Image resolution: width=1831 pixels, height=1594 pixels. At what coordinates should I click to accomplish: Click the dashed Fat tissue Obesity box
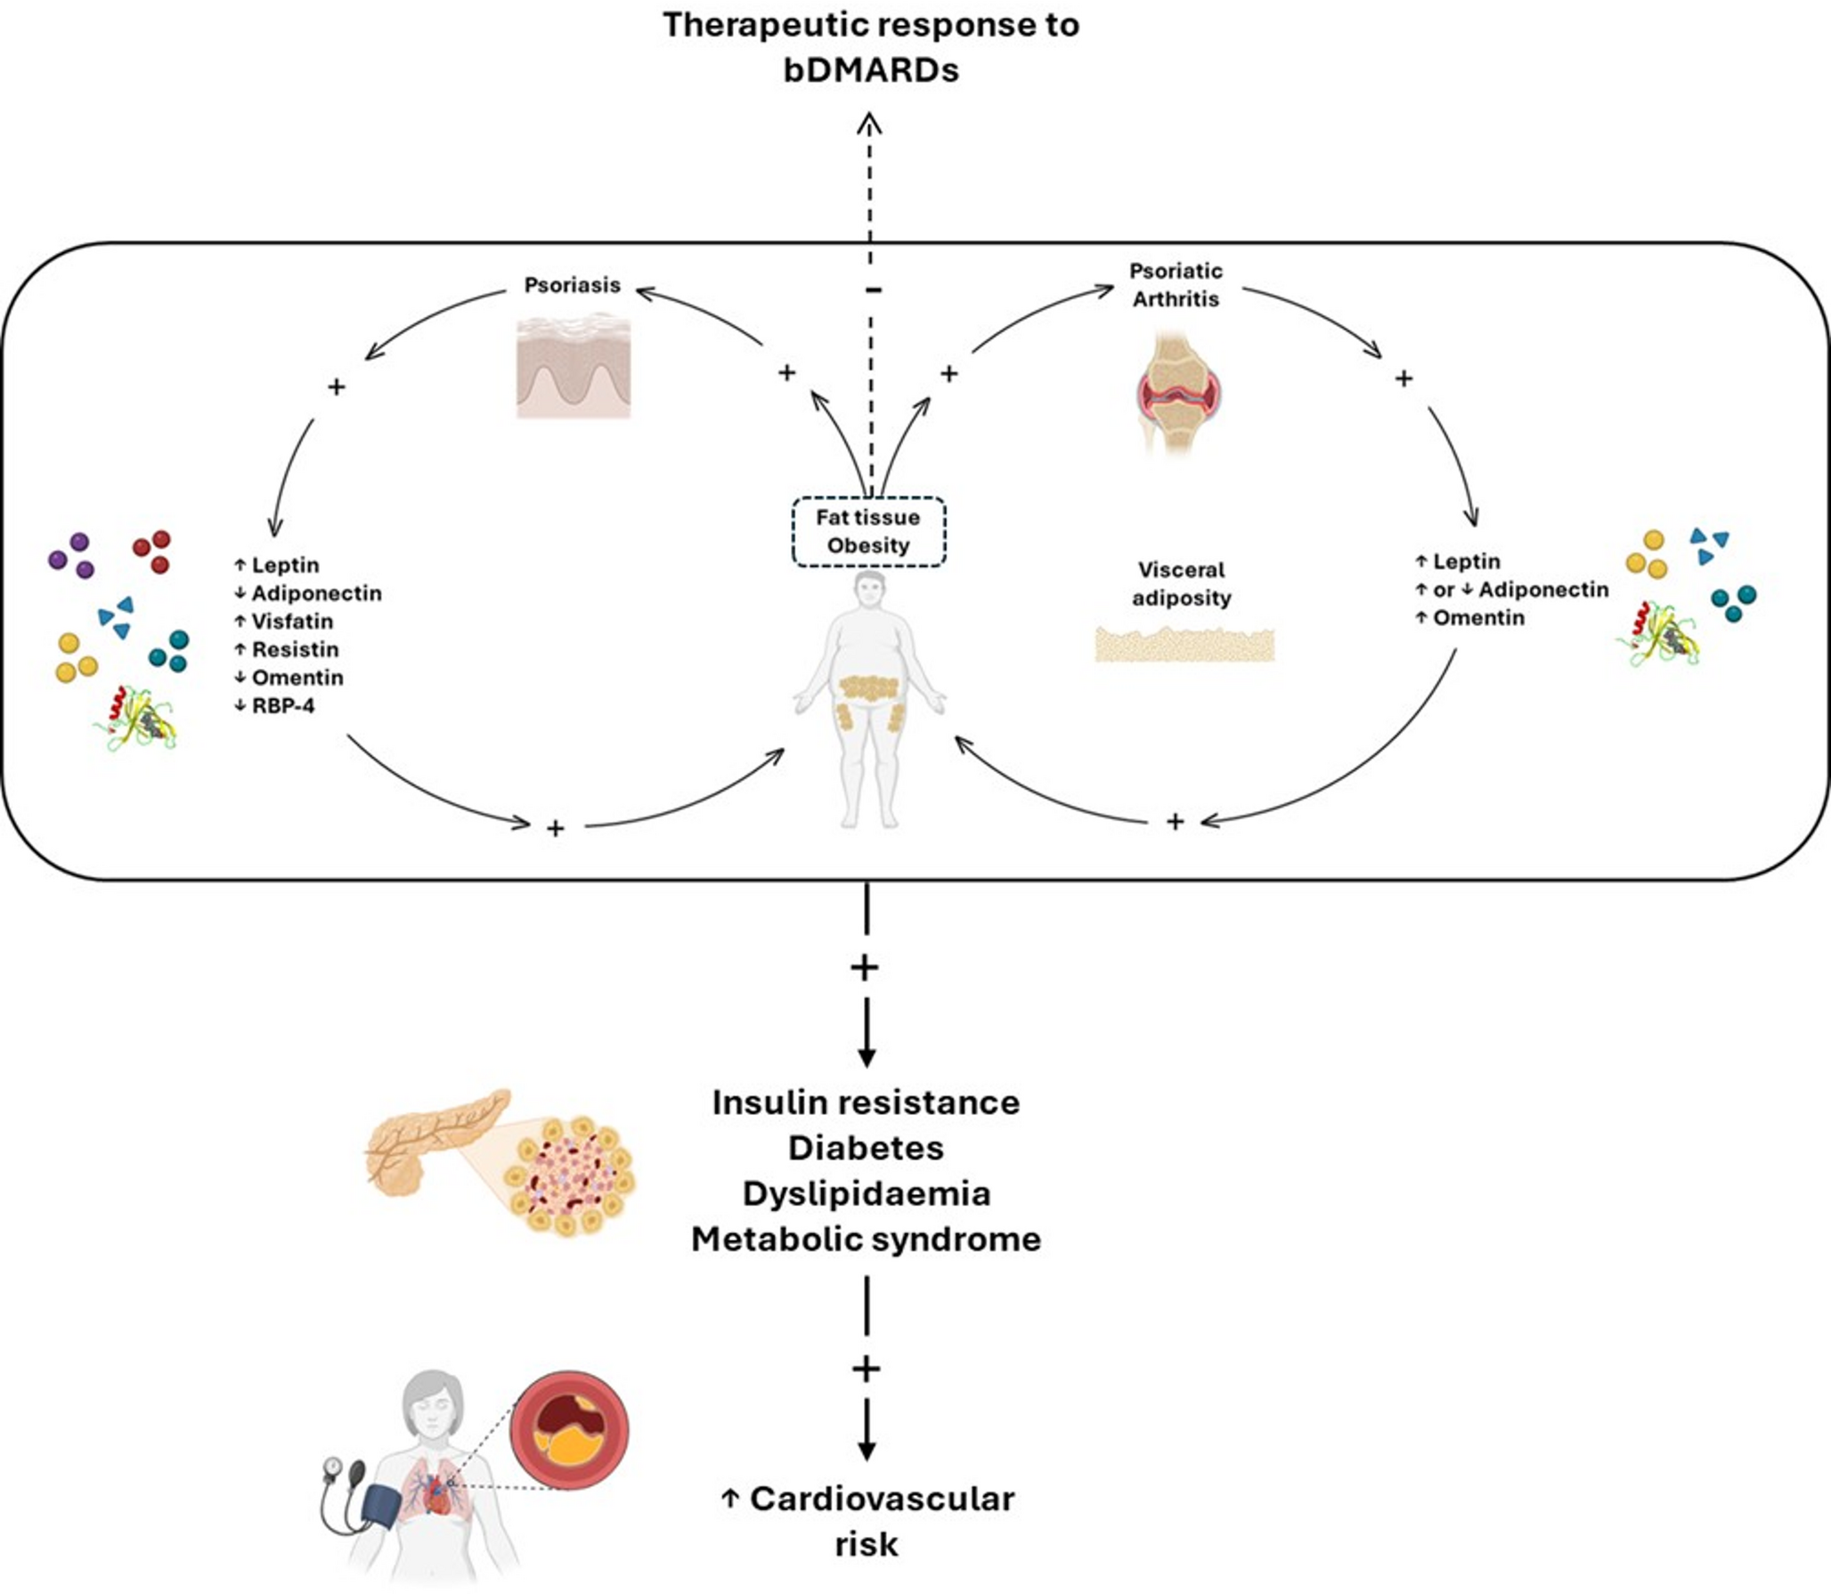(x=868, y=532)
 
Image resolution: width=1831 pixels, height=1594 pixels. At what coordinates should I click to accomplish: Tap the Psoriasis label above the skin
(x=572, y=285)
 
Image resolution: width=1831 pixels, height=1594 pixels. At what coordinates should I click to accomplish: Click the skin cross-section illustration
(x=574, y=365)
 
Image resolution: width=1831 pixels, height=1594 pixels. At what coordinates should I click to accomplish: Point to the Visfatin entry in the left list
(x=291, y=621)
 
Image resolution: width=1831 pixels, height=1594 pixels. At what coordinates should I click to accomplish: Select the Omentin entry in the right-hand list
(x=1477, y=617)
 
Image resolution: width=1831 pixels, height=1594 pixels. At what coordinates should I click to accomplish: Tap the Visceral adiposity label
(x=1181, y=583)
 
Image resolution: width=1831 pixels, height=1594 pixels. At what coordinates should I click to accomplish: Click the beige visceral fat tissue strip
(x=1184, y=644)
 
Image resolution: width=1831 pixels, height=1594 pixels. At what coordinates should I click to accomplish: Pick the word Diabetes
(x=866, y=1148)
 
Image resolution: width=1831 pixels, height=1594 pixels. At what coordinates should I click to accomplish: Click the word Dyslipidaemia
(x=866, y=1193)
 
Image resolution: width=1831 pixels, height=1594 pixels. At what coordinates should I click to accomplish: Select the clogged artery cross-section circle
(x=569, y=1431)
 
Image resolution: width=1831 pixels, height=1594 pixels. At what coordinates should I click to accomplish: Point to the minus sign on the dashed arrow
(x=874, y=290)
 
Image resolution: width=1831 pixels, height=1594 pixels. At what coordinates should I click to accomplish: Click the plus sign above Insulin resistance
(x=865, y=967)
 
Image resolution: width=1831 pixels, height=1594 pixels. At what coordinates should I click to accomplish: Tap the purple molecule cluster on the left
(x=71, y=556)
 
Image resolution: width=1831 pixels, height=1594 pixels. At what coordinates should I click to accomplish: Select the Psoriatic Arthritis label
(x=1176, y=284)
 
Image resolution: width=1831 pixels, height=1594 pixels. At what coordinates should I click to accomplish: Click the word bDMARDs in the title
(x=870, y=69)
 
